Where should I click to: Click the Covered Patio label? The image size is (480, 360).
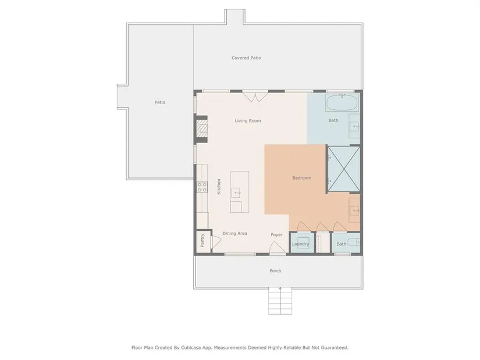(246, 58)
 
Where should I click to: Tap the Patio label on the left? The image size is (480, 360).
(160, 102)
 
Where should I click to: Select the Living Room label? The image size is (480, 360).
(248, 121)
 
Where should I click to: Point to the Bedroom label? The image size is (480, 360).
(301, 178)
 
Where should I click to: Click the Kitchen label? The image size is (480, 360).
(219, 187)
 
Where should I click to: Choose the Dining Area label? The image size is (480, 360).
(235, 234)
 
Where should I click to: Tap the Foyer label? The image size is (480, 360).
(276, 235)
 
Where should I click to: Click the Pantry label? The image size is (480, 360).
(202, 241)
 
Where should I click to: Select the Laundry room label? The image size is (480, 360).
(300, 244)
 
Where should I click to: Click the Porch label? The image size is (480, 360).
(275, 271)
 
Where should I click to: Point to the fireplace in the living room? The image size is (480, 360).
(202, 129)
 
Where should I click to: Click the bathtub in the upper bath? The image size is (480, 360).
(342, 103)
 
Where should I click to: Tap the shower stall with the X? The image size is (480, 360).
(344, 169)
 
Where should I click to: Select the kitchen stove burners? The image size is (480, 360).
(202, 187)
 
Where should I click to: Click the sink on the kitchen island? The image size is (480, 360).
(236, 193)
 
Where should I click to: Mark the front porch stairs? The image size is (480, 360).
(280, 301)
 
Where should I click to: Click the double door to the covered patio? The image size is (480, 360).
(255, 97)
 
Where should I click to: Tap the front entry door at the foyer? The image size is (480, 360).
(278, 248)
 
